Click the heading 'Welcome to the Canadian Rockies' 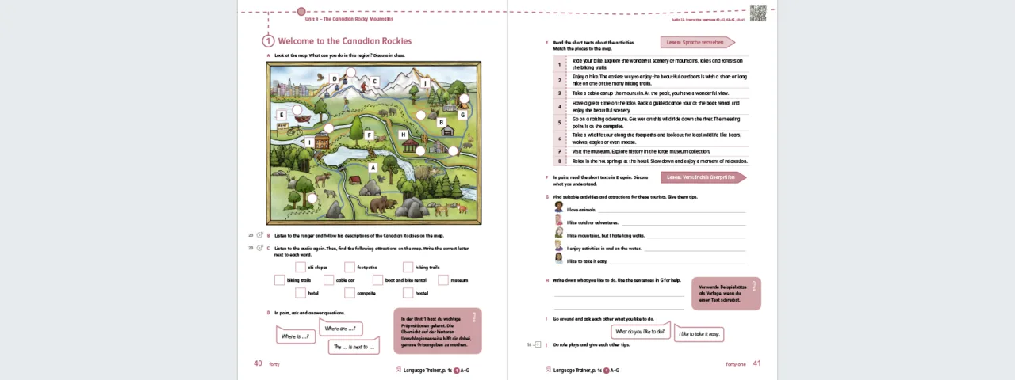click(x=344, y=41)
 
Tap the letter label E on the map click(x=281, y=115)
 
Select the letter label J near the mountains click(x=426, y=83)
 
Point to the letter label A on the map click(x=373, y=168)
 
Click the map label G click(x=462, y=115)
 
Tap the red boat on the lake click(x=302, y=119)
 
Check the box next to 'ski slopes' click(x=301, y=268)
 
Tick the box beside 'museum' click(x=443, y=280)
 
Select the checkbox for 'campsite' click(x=349, y=293)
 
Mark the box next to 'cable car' click(x=328, y=280)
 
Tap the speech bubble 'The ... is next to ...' click(x=353, y=347)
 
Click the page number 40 click(x=258, y=363)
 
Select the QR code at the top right click(x=758, y=13)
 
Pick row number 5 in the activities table click(x=559, y=123)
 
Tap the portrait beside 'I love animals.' click(x=559, y=207)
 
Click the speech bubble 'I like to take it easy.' click(x=699, y=334)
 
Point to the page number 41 click(x=756, y=363)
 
